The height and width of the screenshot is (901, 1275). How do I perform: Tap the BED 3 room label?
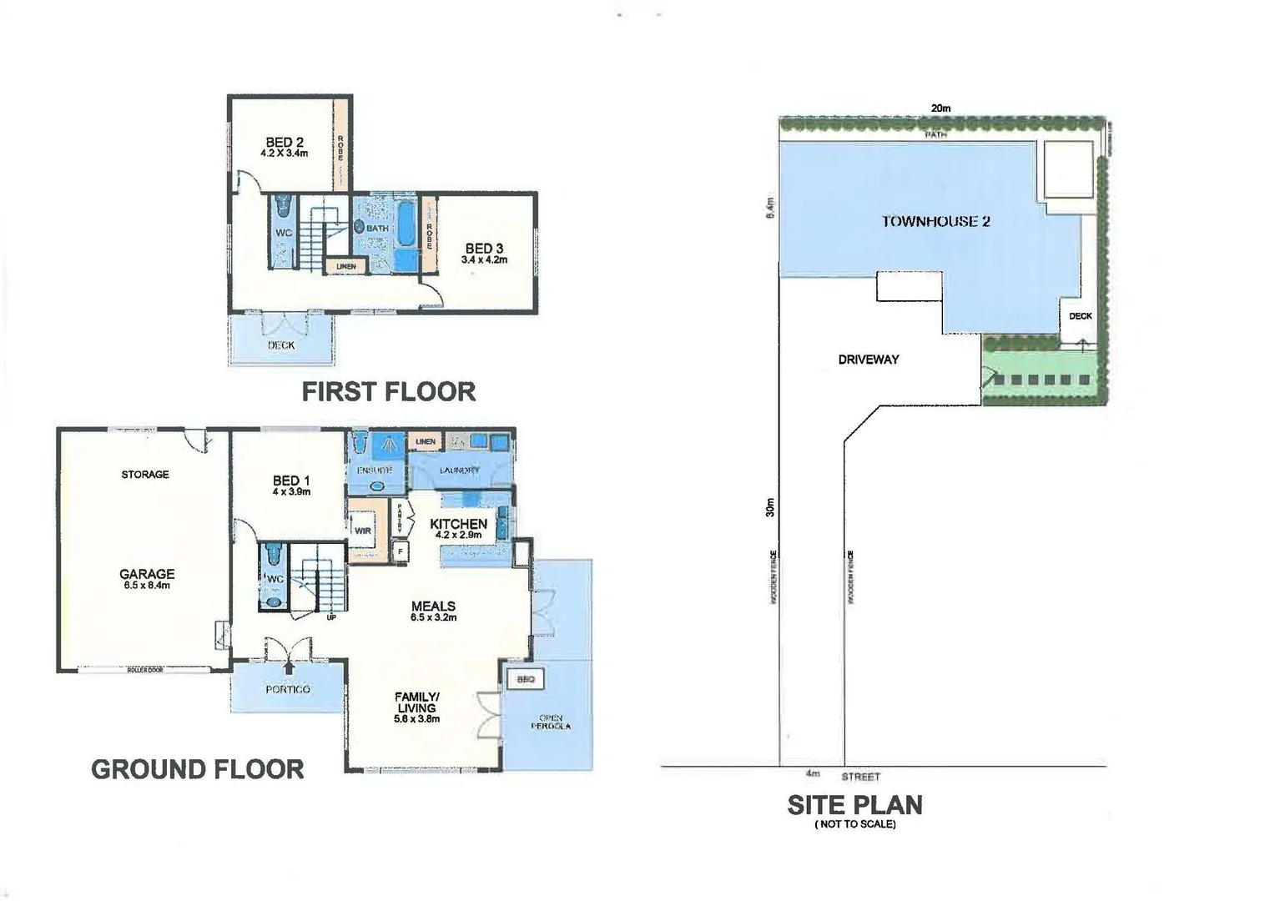484,249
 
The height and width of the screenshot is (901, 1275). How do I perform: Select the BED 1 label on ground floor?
291,481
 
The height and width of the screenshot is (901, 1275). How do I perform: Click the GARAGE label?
147,574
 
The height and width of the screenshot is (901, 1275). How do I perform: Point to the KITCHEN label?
458,524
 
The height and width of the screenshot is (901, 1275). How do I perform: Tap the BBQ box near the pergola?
525,679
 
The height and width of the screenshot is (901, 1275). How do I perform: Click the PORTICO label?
288,689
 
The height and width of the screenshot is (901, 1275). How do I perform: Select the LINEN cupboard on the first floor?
346,266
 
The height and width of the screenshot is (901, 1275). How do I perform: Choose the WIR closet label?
363,531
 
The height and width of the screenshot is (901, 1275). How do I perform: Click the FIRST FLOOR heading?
388,391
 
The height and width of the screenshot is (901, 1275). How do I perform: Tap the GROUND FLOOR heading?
197,769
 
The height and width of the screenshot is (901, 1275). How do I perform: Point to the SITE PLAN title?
854,805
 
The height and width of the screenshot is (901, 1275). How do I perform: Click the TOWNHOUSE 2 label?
935,221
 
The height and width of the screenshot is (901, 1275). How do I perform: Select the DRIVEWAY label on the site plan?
869,360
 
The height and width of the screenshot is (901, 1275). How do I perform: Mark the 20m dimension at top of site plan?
940,108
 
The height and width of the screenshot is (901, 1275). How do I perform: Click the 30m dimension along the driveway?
770,506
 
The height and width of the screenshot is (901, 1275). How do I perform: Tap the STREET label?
860,777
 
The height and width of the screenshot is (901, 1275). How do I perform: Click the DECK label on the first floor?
281,345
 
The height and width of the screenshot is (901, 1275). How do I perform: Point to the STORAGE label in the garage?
145,474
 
